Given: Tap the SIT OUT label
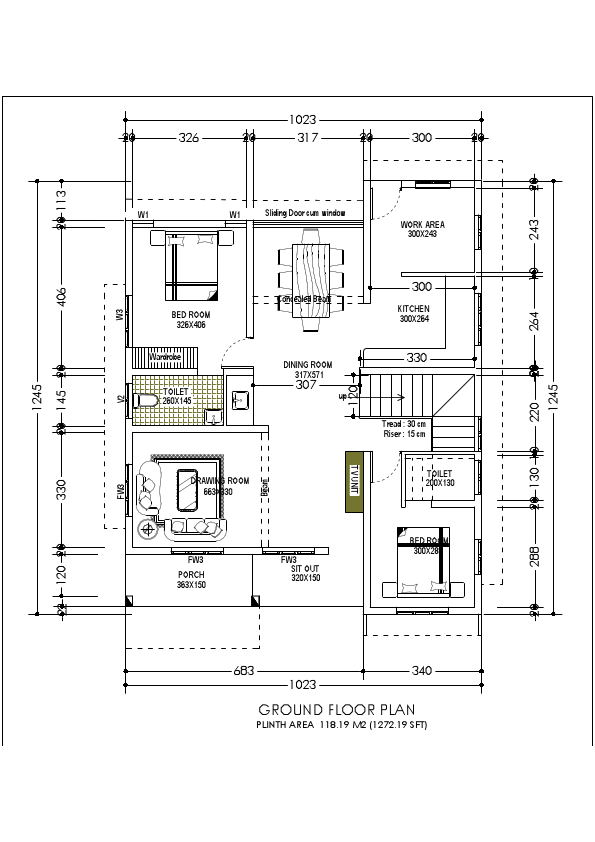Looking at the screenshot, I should pos(306,572).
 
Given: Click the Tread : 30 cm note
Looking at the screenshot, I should pos(404,424).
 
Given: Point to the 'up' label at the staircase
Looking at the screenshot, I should pos(344,397).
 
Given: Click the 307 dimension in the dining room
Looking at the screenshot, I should pos(306,384).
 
